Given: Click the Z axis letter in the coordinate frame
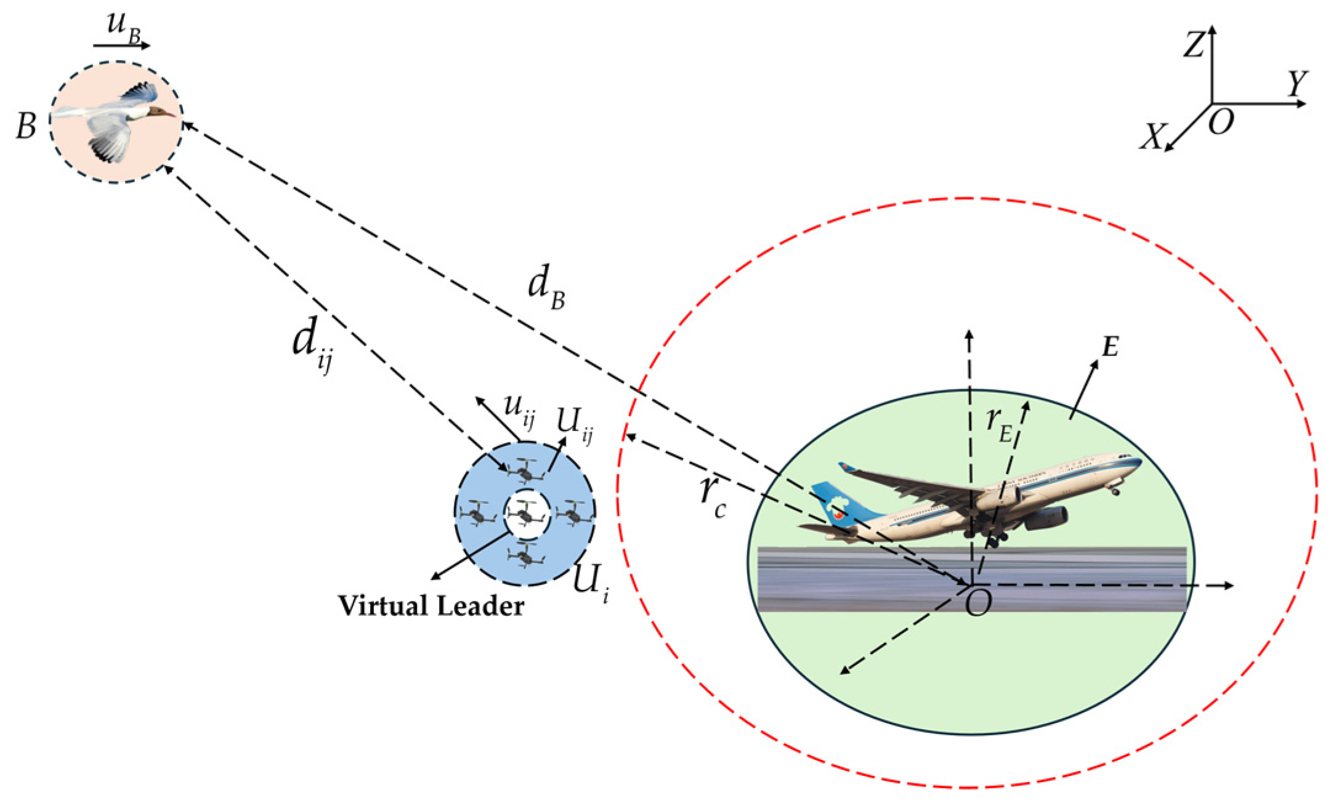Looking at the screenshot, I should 1194,45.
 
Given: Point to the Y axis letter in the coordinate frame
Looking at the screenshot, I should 1297,83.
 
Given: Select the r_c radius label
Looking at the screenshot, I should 713,496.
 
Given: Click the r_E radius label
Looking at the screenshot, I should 999,425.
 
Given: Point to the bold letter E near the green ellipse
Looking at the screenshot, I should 1110,348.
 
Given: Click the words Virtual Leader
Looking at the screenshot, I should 431,606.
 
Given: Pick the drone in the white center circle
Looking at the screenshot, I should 526,513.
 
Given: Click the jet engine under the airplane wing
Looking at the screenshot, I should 1047,517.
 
